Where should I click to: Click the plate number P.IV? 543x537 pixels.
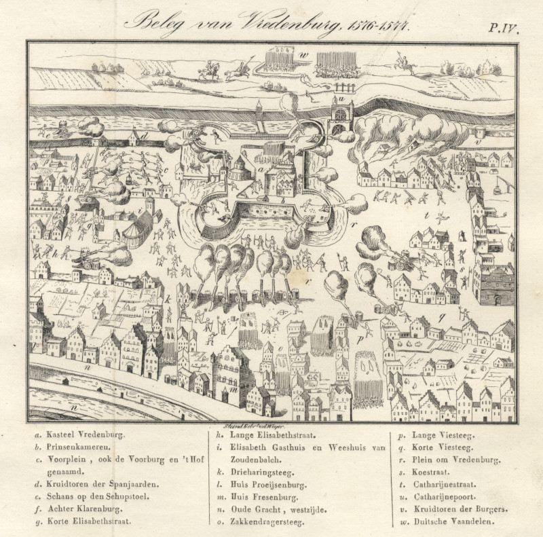(x=503, y=27)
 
